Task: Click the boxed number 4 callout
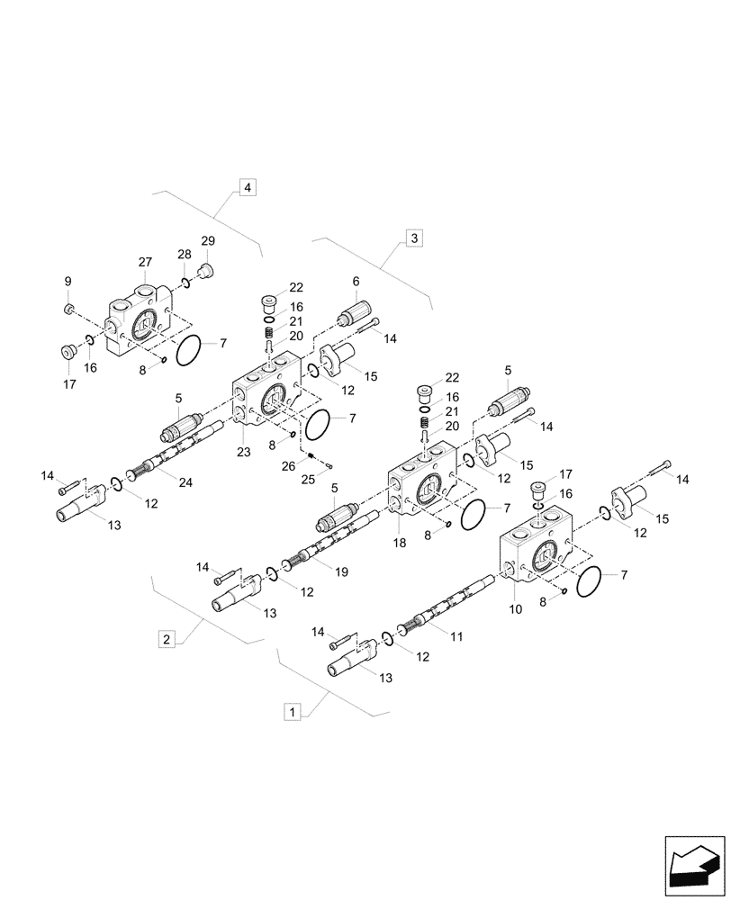tap(247, 188)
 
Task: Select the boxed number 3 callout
tap(413, 238)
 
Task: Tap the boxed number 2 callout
tap(166, 639)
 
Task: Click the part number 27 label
tap(145, 262)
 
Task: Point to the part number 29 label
tap(208, 240)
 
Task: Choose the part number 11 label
tap(456, 636)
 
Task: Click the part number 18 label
tap(400, 544)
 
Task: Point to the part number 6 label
tap(356, 282)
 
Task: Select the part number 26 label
tap(288, 464)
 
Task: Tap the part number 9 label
tap(68, 283)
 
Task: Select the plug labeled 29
tap(203, 271)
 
